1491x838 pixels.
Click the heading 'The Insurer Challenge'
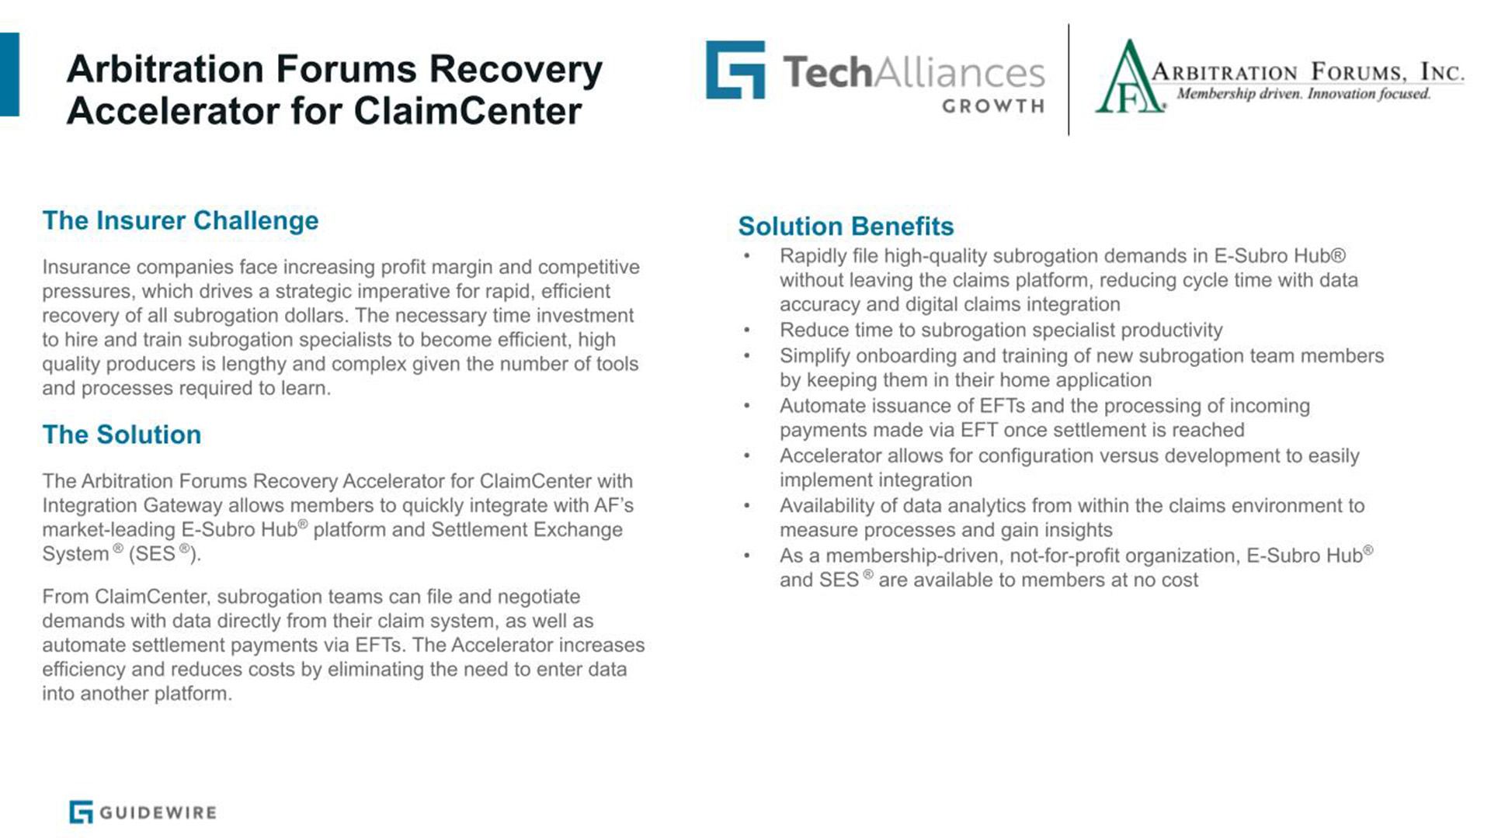coord(180,220)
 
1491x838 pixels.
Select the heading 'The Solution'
coord(122,435)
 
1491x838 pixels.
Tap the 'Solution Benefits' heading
coord(846,226)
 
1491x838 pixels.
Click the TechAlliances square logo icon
coord(735,70)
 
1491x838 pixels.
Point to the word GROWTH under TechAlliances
coord(993,106)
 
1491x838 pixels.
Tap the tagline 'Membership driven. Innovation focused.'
coord(1303,94)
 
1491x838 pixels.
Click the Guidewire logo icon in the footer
coord(81,812)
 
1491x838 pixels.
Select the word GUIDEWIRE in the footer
coord(158,812)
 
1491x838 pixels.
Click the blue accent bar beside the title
coord(9,74)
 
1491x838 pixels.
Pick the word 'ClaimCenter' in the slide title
coord(467,110)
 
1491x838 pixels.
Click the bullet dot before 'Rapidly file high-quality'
coord(746,256)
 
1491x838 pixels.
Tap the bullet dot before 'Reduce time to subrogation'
coord(746,331)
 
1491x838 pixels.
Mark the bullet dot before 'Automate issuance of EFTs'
coord(746,406)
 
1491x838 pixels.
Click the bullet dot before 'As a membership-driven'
coord(746,556)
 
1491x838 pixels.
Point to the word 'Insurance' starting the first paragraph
coord(86,267)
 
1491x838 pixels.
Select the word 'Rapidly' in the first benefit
coord(812,256)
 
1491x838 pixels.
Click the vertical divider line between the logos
coord(1069,79)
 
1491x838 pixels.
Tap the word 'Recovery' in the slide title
coord(516,68)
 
